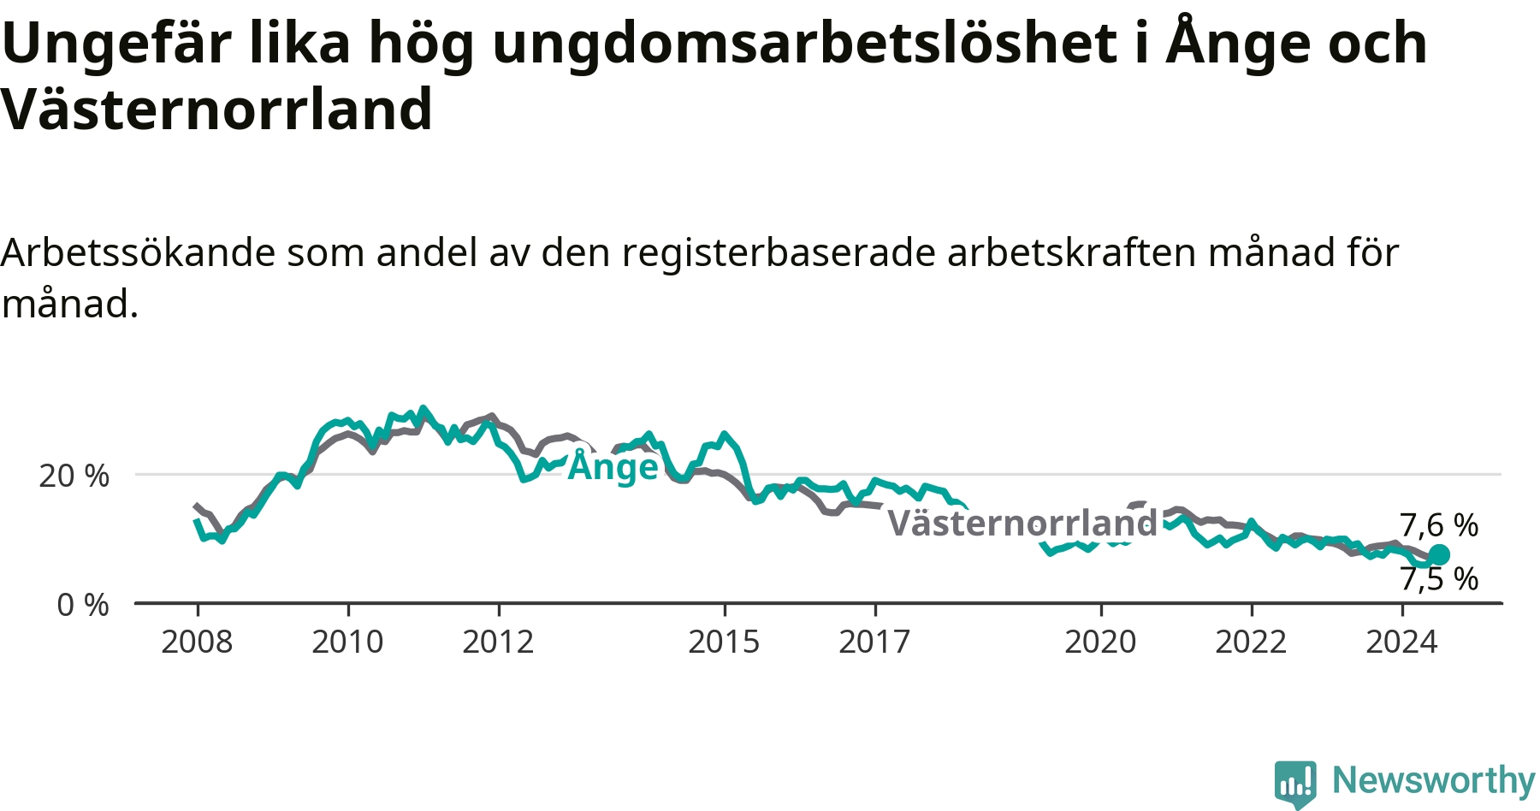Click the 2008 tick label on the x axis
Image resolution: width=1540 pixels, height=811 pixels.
point(197,642)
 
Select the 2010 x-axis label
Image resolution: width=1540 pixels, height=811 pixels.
point(347,642)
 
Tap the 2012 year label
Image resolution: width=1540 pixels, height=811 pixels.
point(498,642)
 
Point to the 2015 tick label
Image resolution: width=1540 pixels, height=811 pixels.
point(724,642)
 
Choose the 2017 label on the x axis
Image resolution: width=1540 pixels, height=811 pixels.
point(874,642)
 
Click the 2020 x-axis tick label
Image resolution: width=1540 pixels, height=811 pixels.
point(1100,642)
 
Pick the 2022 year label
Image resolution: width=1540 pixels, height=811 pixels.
point(1251,642)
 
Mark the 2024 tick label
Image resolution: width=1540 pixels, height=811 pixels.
point(1401,642)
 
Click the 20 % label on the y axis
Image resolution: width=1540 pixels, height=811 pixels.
point(74,476)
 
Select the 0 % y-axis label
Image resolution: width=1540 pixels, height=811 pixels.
point(83,605)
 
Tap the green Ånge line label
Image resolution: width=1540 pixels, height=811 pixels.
point(613,465)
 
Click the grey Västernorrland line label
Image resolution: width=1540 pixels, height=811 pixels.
point(1022,523)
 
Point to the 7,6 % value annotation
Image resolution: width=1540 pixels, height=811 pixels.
point(1439,525)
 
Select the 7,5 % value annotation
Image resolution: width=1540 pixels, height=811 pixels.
point(1439,579)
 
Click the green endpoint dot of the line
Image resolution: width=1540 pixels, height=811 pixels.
point(1439,554)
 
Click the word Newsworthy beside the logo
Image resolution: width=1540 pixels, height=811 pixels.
point(1434,780)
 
